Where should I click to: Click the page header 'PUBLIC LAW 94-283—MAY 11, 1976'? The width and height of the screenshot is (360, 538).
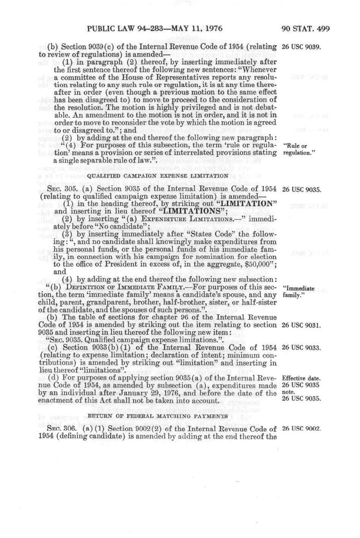(x=154, y=29)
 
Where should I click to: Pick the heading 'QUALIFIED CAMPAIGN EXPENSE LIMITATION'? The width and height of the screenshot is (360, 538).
(x=158, y=176)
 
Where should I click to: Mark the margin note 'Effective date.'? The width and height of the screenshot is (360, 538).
(x=301, y=379)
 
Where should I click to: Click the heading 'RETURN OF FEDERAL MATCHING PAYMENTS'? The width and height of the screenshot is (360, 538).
(x=158, y=416)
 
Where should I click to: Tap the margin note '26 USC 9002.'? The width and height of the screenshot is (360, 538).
(x=301, y=428)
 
